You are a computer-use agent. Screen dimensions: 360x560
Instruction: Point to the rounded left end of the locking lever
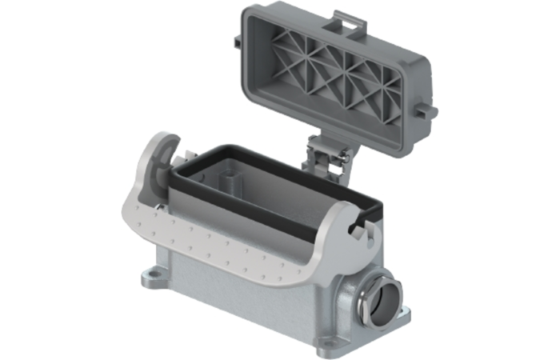click(x=152, y=160)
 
